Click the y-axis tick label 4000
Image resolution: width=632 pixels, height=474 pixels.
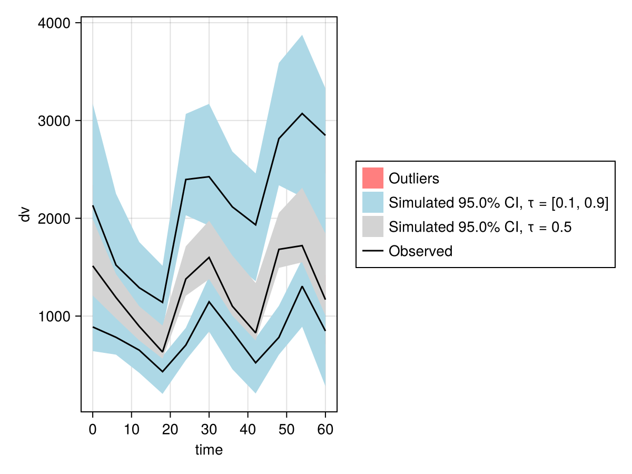pyautogui.click(x=56, y=24)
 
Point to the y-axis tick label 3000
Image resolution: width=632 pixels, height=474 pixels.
pyautogui.click(x=56, y=121)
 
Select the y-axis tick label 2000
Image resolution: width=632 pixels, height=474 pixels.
pyautogui.click(x=56, y=219)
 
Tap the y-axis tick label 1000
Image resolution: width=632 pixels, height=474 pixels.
pyautogui.click(x=56, y=316)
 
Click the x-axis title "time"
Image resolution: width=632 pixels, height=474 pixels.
pyautogui.click(x=209, y=450)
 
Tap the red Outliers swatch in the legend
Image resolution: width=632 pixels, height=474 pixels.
pyautogui.click(x=372, y=178)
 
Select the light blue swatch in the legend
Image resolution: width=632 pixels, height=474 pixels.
pyautogui.click(x=372, y=202)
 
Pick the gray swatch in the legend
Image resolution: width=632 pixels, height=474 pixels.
pyautogui.click(x=372, y=227)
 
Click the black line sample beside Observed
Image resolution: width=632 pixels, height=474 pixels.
pyautogui.click(x=372, y=251)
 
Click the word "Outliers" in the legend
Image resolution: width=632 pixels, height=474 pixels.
pyautogui.click(x=413, y=179)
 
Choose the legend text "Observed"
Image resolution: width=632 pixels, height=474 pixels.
pyautogui.click(x=420, y=251)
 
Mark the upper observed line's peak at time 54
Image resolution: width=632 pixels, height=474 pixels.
pyautogui.click(x=302, y=113)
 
